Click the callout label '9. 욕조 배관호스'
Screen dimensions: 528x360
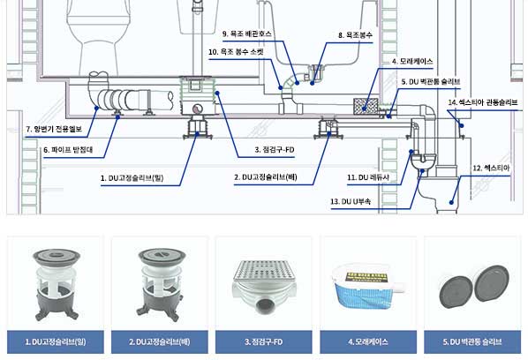[x=247, y=34]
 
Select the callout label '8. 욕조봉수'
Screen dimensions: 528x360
[x=355, y=35]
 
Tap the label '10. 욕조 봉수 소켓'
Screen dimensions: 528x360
[x=236, y=52]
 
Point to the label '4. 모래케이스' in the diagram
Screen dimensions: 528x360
[x=412, y=62]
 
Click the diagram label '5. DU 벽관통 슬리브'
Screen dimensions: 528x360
[x=431, y=82]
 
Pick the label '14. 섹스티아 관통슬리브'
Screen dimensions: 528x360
[x=483, y=102]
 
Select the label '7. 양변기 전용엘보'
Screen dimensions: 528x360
[x=54, y=129]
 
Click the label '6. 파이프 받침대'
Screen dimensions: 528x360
[x=68, y=150]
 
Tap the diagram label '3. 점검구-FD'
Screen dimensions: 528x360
[x=275, y=150]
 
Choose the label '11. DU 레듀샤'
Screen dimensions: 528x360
[x=368, y=177]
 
